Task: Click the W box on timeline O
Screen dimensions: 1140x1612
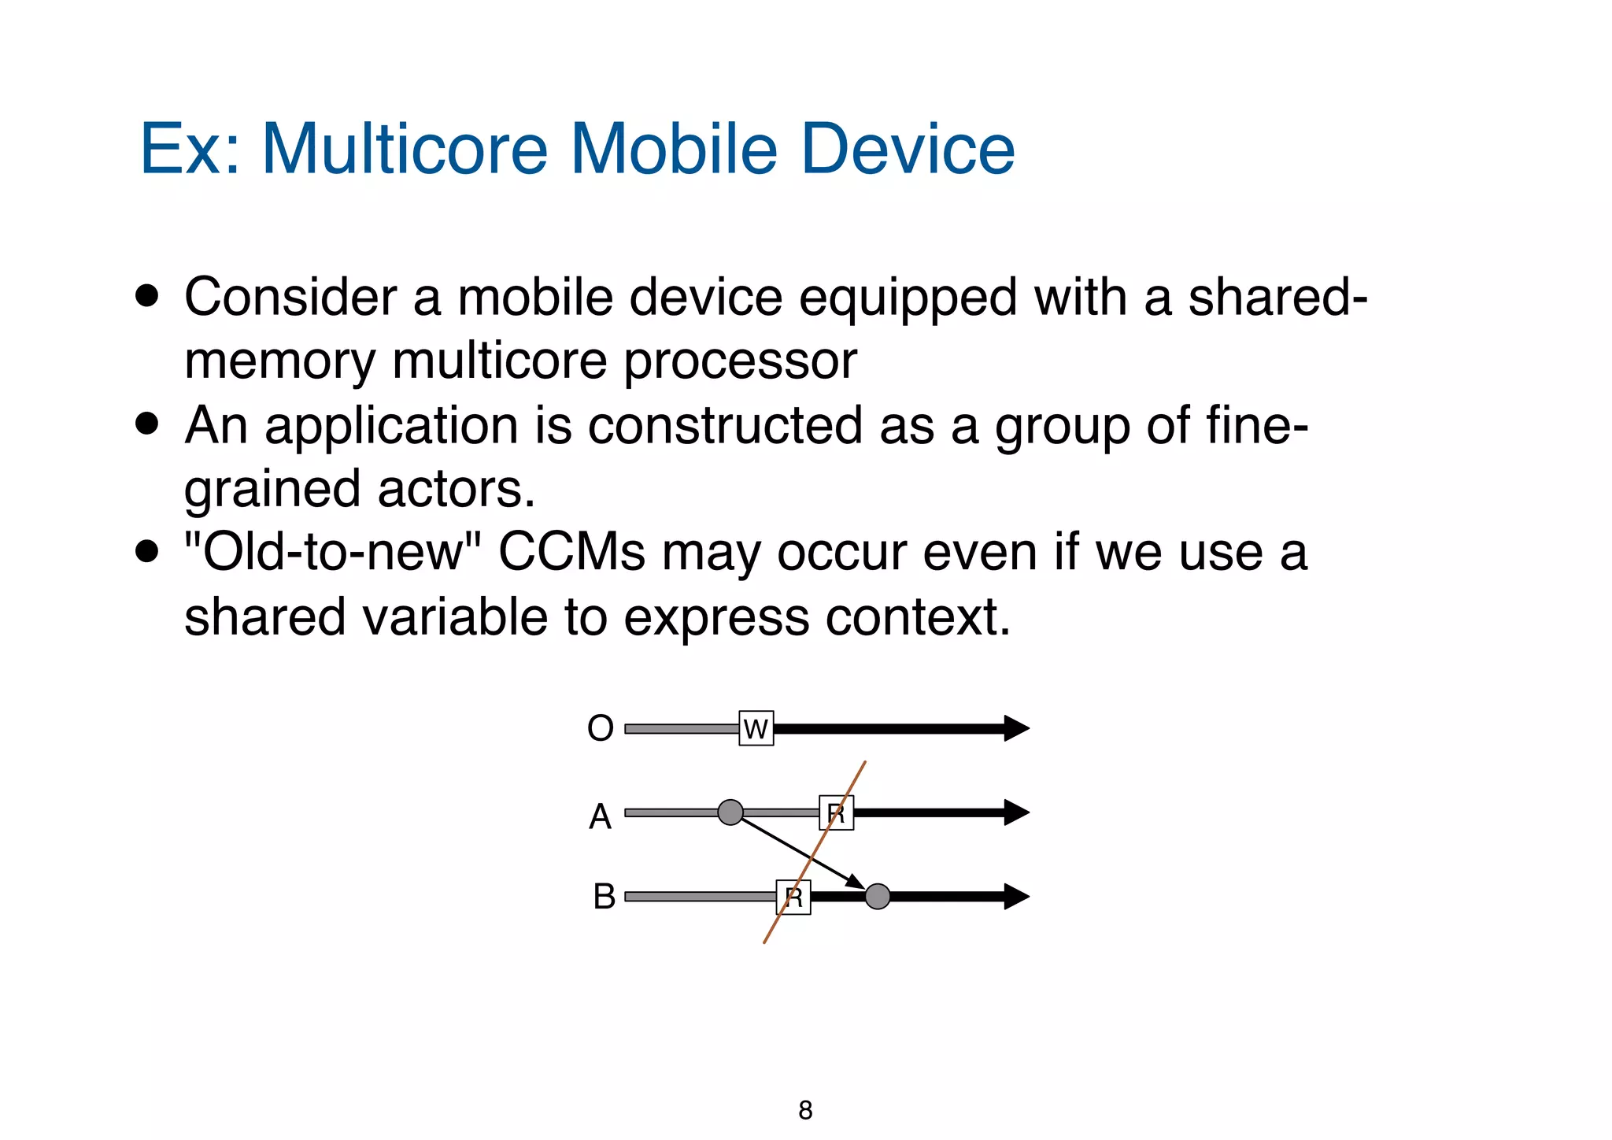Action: click(x=756, y=728)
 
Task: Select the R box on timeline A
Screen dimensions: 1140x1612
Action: click(x=836, y=812)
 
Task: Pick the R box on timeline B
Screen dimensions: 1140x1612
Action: click(x=793, y=897)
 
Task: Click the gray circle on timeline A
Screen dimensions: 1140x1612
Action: click(x=730, y=812)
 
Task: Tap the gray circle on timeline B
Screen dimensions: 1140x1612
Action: click(x=878, y=896)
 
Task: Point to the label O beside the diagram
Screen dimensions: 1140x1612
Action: click(x=600, y=728)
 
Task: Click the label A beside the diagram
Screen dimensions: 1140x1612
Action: click(x=600, y=816)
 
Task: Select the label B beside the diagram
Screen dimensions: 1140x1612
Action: click(x=604, y=897)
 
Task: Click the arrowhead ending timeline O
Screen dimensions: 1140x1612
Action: click(x=1016, y=728)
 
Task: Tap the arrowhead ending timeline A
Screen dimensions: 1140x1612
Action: click(x=1016, y=812)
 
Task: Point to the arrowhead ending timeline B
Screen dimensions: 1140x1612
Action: click(x=1016, y=896)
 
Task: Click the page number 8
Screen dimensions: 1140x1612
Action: click(x=805, y=1110)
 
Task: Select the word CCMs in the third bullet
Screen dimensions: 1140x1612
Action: click(x=571, y=553)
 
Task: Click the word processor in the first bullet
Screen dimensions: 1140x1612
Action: click(x=740, y=361)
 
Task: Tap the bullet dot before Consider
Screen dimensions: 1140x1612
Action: click(x=146, y=297)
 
